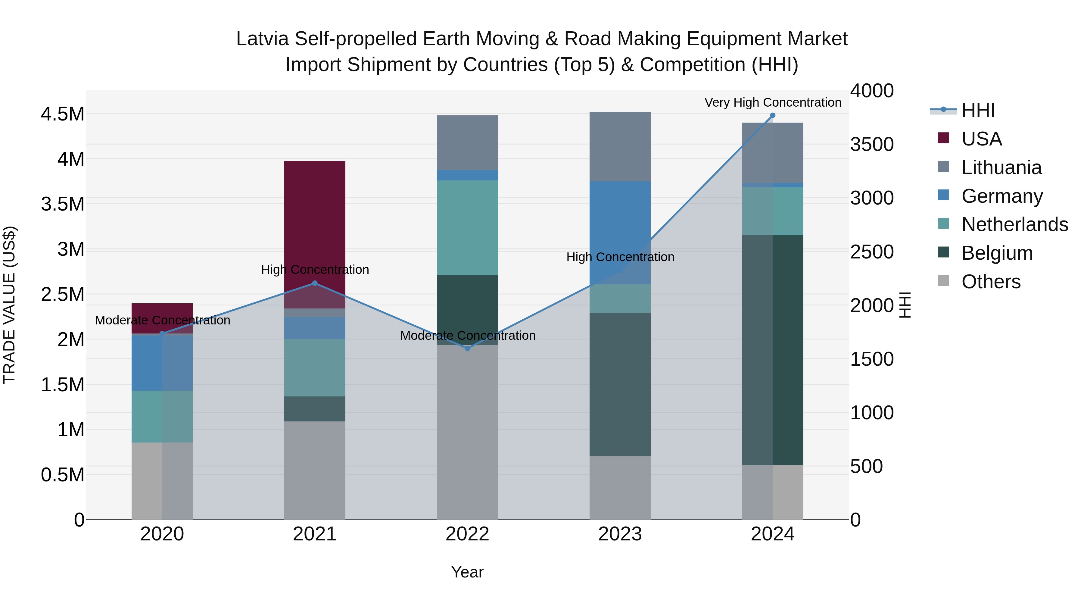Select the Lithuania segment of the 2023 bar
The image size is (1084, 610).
(x=620, y=146)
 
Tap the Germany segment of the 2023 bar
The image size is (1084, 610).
(x=620, y=219)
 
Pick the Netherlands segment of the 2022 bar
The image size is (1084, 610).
(x=467, y=228)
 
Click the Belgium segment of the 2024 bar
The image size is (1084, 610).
(x=773, y=350)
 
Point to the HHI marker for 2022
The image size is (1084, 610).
(x=467, y=349)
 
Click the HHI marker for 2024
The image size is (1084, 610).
(x=773, y=115)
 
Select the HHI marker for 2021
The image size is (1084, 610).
(x=315, y=283)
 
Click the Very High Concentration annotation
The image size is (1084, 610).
(x=773, y=102)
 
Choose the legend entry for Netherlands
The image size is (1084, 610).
(x=1014, y=224)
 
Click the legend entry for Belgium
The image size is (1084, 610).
(x=996, y=253)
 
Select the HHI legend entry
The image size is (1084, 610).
(x=977, y=110)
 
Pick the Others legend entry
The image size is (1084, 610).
(x=991, y=282)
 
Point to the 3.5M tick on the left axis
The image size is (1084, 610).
(x=62, y=204)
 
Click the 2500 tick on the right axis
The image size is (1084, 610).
(x=871, y=252)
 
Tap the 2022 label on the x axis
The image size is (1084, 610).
(x=467, y=534)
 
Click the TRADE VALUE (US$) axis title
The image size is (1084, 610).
(x=9, y=305)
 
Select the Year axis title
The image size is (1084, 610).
(x=467, y=572)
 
